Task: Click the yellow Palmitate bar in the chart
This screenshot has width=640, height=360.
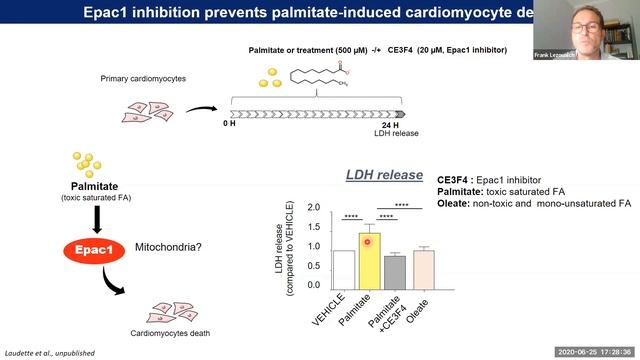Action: (x=369, y=265)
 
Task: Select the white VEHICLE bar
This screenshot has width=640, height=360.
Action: (x=343, y=267)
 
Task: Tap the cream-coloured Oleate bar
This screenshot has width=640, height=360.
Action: (x=424, y=267)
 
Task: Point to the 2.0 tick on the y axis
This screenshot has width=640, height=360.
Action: (x=313, y=208)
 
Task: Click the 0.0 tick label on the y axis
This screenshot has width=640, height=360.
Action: (x=313, y=284)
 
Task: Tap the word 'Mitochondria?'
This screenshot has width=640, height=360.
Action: (x=169, y=242)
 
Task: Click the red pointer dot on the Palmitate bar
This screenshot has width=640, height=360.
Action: (x=368, y=243)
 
